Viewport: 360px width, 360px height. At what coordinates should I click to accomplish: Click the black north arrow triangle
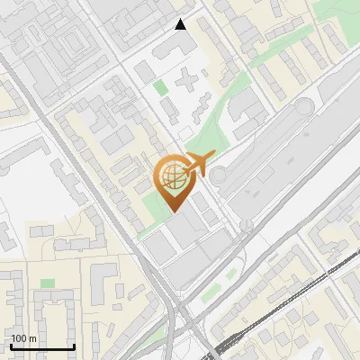181,24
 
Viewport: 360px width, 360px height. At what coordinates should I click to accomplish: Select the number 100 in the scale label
19,338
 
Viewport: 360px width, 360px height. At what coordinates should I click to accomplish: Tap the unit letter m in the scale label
32,338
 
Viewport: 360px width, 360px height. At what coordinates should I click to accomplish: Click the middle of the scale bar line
42,346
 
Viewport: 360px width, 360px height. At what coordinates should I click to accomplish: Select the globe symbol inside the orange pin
172,178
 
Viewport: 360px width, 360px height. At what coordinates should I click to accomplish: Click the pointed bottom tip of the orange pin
172,211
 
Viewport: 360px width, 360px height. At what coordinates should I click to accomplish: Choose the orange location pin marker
172,184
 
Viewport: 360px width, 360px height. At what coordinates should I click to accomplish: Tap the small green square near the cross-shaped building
160,87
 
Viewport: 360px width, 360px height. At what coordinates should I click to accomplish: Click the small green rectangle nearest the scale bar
47,284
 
